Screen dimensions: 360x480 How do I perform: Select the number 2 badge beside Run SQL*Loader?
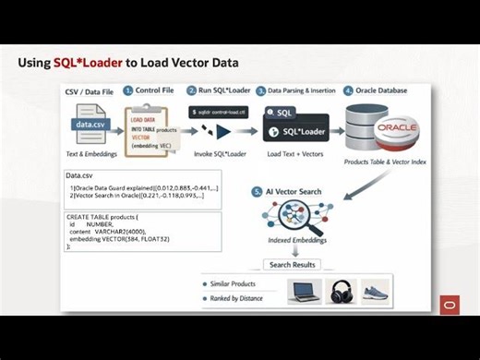pos(192,90)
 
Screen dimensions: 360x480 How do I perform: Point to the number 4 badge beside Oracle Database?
pos(347,91)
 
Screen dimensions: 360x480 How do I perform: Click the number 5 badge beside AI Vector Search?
pos(257,191)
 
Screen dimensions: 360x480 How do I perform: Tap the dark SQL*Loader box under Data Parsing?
pos(297,131)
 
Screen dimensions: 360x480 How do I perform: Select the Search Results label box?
pos(292,264)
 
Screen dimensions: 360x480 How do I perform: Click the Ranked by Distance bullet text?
pos(236,298)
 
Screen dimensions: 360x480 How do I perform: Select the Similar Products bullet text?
pos(234,283)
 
